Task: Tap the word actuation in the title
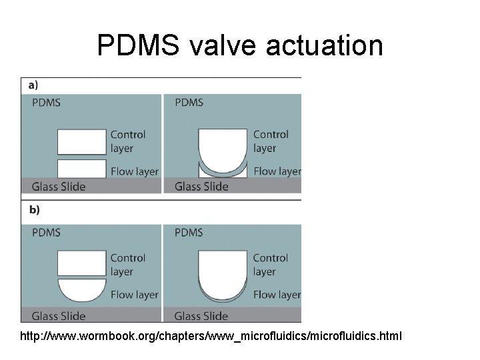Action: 333,46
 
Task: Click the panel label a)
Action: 33,85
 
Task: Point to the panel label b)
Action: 33,209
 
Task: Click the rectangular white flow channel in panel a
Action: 82,168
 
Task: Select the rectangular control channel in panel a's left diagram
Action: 82,142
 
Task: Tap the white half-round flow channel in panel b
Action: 82,289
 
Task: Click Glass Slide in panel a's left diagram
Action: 59,187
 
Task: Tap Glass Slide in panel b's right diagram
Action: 201,316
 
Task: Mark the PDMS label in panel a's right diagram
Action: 189,102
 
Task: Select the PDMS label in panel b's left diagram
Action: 46,233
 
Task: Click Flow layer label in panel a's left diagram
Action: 135,171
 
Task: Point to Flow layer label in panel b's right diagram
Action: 277,294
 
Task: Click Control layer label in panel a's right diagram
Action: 271,141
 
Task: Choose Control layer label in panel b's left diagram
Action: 128,265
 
